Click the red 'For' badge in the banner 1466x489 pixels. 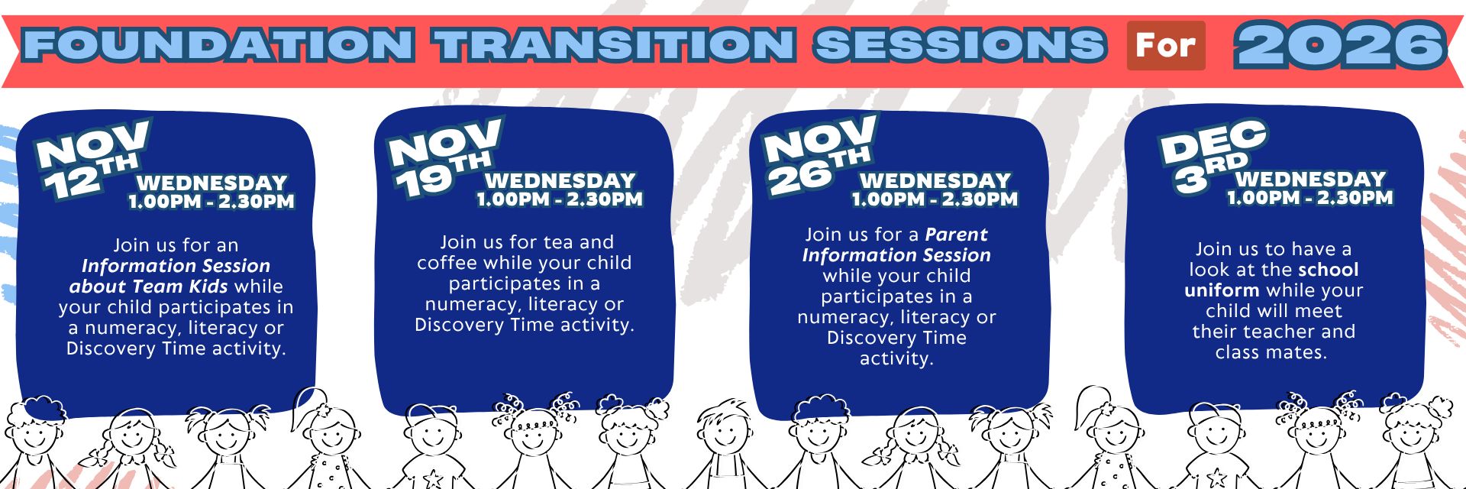coord(1166,46)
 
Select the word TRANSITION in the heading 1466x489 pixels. coord(617,45)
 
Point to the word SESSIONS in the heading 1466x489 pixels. coord(960,45)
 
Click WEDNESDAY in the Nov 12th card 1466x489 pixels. coord(212,183)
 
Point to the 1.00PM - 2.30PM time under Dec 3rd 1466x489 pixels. coord(1310,198)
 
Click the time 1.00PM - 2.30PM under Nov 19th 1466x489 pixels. coord(560,199)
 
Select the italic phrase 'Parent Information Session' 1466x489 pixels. coord(896,244)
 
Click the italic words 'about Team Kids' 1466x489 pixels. coord(148,287)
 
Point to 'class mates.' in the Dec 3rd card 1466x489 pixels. coord(1271,352)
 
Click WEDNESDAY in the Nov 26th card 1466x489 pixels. coord(935,181)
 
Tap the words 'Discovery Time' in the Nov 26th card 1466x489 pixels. coord(896,338)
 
